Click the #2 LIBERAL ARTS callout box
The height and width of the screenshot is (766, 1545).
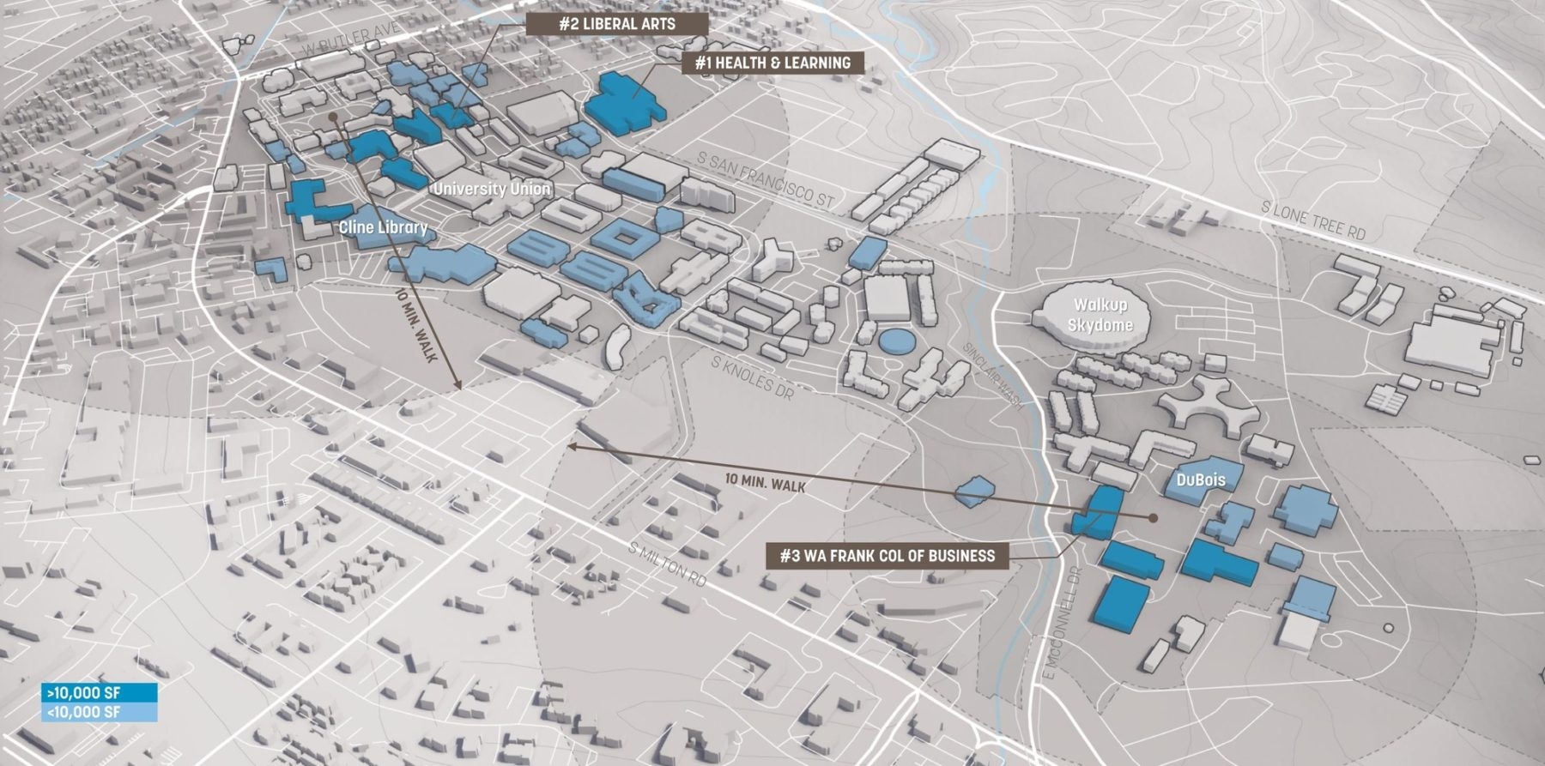pos(617,24)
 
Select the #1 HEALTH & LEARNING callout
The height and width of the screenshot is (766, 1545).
pos(772,63)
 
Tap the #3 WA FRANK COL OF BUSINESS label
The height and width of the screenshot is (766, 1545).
pos(888,556)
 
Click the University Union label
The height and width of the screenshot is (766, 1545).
pos(492,189)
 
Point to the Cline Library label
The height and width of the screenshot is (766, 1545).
pos(383,227)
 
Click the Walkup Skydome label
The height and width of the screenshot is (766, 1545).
pos(1100,315)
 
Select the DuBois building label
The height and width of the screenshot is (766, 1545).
pos(1201,480)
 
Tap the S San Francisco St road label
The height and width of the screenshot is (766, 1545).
pos(766,179)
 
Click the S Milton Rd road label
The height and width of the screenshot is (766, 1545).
pos(667,564)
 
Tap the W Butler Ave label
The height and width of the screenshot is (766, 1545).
pos(350,42)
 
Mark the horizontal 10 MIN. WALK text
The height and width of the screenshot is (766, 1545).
pos(765,483)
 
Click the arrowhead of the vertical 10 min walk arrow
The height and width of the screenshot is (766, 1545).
pos(459,387)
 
